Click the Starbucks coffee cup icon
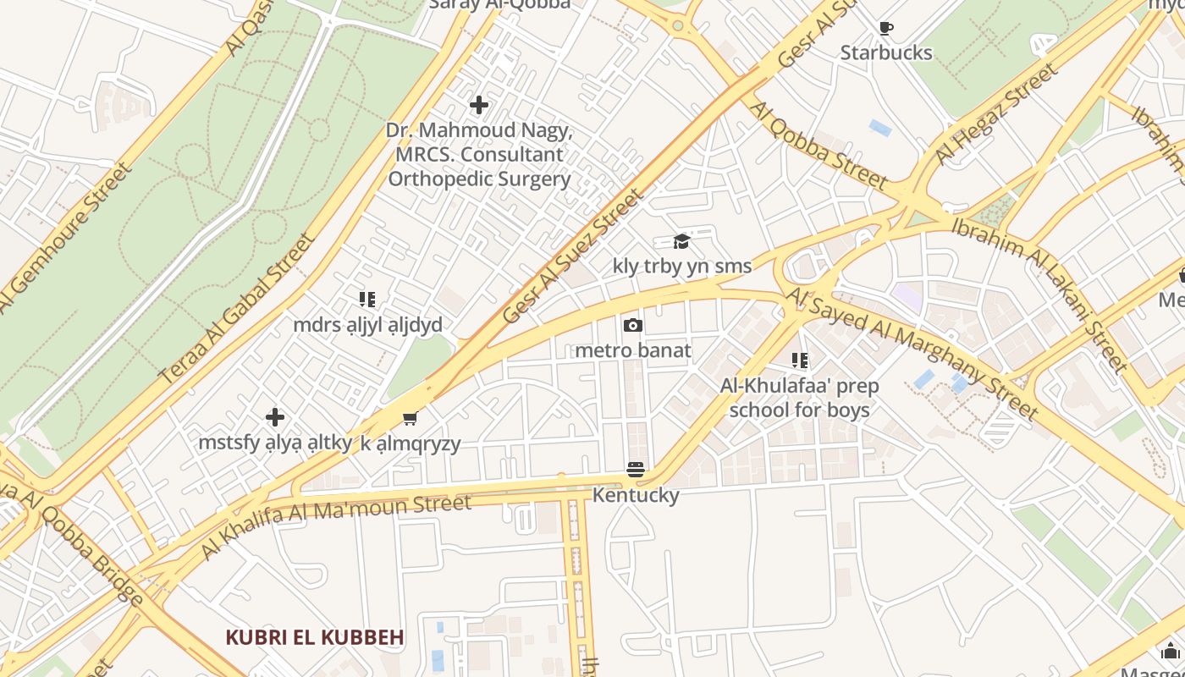click(x=886, y=29)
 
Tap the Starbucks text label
click(x=886, y=52)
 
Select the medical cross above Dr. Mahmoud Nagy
click(x=479, y=105)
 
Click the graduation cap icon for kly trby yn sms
click(x=681, y=242)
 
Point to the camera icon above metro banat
click(x=632, y=326)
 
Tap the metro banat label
click(x=633, y=350)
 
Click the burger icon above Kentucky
click(x=636, y=470)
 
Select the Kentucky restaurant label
click(x=636, y=495)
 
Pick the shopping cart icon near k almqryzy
click(x=411, y=418)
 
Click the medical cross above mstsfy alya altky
click(x=275, y=417)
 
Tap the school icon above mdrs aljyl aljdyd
click(x=367, y=300)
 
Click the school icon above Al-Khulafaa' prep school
click(x=800, y=361)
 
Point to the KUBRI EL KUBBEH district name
click(x=315, y=637)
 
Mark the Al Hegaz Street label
click(x=997, y=115)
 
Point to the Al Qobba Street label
click(x=818, y=146)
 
